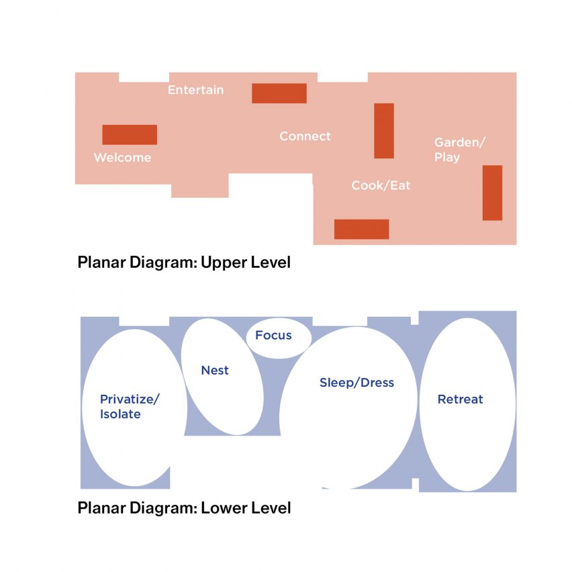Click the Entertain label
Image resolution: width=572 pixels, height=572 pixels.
[195, 90]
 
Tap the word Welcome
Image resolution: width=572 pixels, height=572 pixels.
[123, 158]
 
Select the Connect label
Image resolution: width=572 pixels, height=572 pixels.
[305, 136]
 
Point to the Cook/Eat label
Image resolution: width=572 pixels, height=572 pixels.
[381, 185]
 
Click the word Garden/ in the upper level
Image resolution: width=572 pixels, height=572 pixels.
[460, 142]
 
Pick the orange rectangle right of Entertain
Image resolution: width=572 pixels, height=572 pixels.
[279, 93]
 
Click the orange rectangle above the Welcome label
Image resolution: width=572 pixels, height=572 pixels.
[130, 135]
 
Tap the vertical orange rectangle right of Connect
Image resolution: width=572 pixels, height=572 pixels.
[384, 131]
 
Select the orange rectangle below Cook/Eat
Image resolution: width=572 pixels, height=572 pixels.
[361, 229]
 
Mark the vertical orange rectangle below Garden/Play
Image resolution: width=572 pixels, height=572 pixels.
[493, 193]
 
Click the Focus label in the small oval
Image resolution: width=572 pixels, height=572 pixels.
[273, 335]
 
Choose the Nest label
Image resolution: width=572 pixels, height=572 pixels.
[215, 371]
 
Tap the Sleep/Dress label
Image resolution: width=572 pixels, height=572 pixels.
[356, 383]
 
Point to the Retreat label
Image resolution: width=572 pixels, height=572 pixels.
[461, 399]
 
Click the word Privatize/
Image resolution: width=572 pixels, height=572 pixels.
[130, 399]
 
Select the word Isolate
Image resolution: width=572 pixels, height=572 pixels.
[120, 414]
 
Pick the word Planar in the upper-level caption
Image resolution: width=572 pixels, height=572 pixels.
[102, 263]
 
